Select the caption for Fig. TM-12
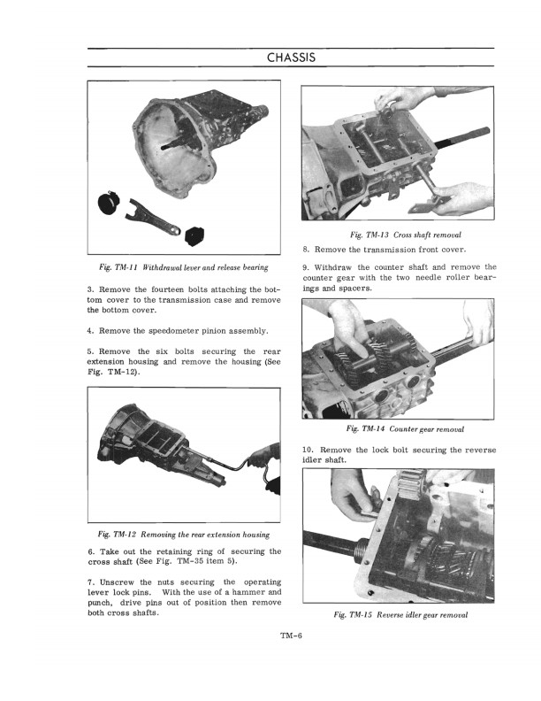[x=185, y=535]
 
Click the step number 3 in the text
[x=90, y=290]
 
